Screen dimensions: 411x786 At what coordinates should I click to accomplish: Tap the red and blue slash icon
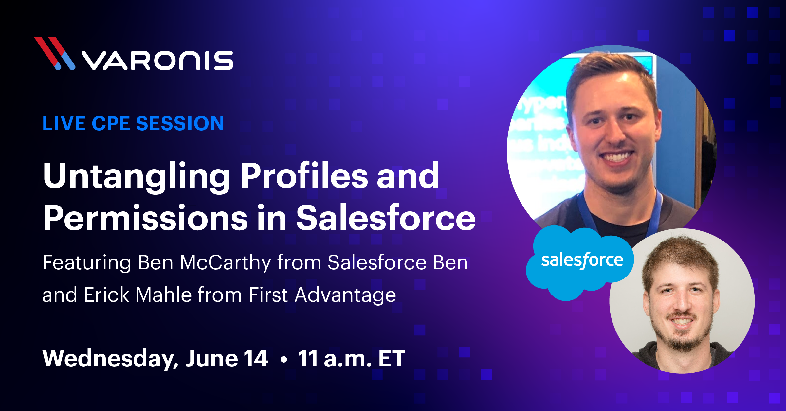55,53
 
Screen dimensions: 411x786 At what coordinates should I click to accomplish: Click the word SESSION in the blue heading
180,124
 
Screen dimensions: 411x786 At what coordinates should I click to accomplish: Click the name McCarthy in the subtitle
225,262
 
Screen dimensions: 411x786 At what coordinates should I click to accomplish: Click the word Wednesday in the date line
111,359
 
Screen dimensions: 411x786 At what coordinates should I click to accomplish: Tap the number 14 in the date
256,358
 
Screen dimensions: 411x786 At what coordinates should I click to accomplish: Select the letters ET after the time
392,358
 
